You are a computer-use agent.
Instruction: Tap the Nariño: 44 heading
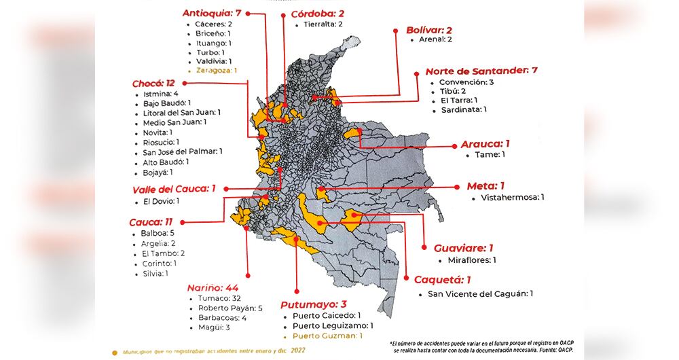212,287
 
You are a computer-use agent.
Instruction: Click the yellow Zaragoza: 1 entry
216,70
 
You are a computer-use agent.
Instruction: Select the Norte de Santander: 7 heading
481,71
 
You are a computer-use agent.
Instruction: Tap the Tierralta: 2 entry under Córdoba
318,24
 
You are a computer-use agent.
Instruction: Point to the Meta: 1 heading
485,186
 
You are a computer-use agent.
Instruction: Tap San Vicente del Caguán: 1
480,294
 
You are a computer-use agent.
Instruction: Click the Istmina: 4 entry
160,94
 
